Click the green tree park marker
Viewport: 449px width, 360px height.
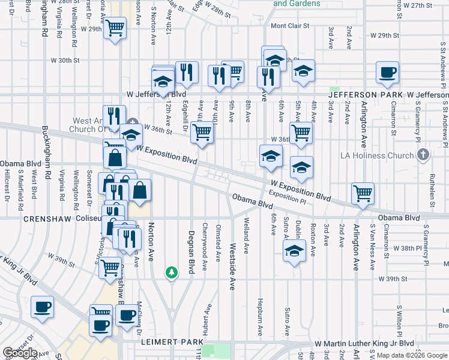(172, 273)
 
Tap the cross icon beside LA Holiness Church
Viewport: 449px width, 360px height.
(423, 155)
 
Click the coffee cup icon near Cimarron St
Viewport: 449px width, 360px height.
(387, 73)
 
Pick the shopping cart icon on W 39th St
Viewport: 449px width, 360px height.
(110, 267)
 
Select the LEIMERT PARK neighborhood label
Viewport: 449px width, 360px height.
(165, 342)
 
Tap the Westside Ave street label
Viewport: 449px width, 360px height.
(232, 258)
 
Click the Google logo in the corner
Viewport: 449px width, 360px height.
(20, 353)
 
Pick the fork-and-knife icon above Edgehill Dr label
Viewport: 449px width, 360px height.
(187, 73)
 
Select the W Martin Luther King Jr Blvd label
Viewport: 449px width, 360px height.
(364, 343)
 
